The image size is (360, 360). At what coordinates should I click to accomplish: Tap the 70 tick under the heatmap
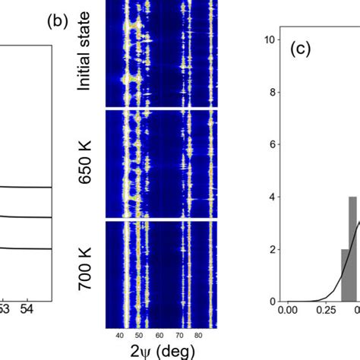[178, 334]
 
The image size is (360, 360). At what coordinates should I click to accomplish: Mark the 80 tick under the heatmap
[198, 334]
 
